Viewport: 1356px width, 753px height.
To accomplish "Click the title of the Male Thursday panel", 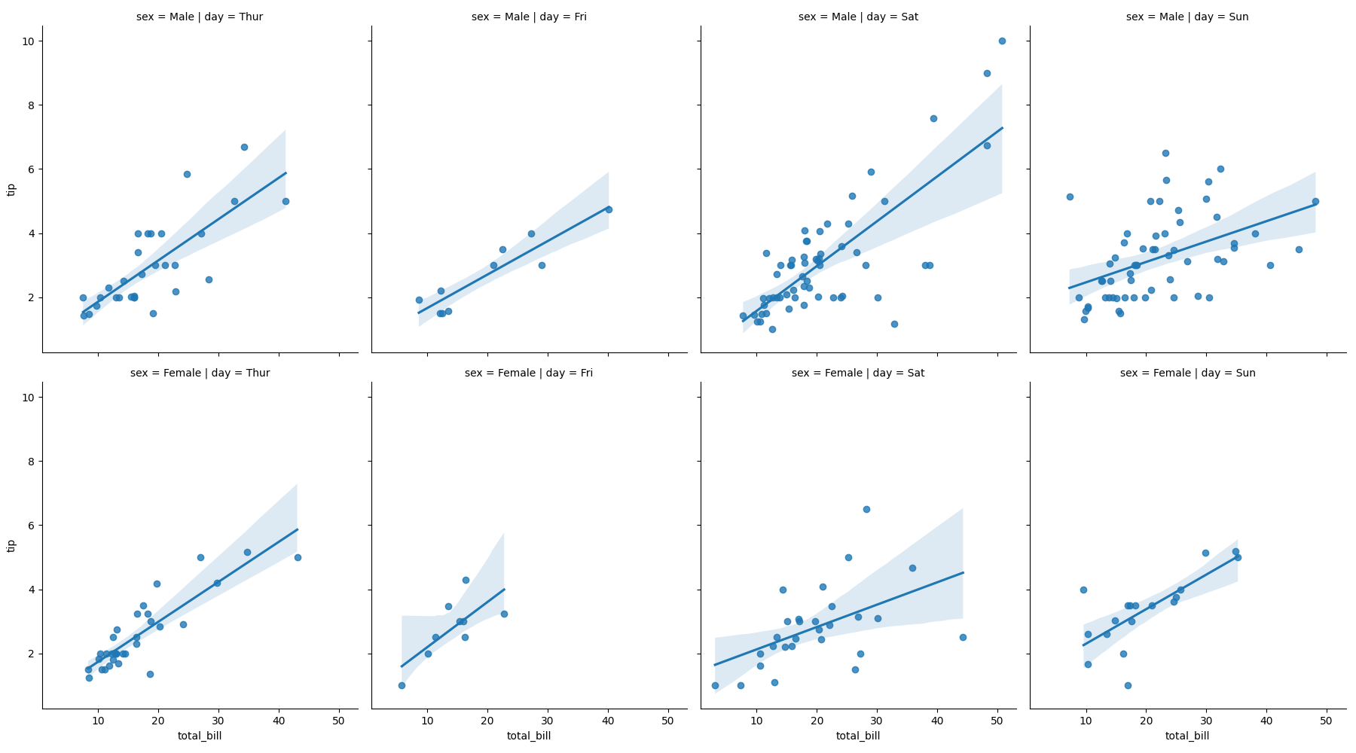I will pos(200,17).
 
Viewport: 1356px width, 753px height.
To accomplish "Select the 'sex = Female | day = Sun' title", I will pos(1187,373).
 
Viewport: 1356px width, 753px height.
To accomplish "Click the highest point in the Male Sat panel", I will pos(1002,41).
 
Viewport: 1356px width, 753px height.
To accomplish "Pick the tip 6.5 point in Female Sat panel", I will pos(866,509).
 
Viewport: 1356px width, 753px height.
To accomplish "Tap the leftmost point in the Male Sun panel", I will pos(1070,197).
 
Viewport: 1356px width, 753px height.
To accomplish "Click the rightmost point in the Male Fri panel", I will pos(609,209).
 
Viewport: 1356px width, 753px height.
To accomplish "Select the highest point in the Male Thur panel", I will pos(244,147).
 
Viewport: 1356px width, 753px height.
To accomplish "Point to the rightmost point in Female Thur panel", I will pos(298,557).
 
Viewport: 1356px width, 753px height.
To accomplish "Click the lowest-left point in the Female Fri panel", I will pos(402,685).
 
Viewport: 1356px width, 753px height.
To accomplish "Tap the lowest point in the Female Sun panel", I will pos(1128,685).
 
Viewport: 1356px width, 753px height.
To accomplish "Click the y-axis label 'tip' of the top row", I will pos(11,189).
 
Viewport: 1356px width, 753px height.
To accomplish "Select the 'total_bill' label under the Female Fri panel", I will pos(529,736).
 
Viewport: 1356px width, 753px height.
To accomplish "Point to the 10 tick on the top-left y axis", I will pos(29,41).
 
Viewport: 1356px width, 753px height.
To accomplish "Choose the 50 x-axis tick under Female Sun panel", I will pos(1326,721).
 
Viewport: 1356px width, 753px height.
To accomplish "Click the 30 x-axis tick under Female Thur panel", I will pos(218,721).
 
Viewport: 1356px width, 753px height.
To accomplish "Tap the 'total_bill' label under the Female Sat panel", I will pos(858,736).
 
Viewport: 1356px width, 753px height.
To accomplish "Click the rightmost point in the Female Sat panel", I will pos(963,637).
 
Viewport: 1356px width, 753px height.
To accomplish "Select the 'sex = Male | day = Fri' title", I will pos(529,17).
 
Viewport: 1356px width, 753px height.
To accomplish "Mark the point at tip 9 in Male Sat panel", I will pos(987,73).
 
